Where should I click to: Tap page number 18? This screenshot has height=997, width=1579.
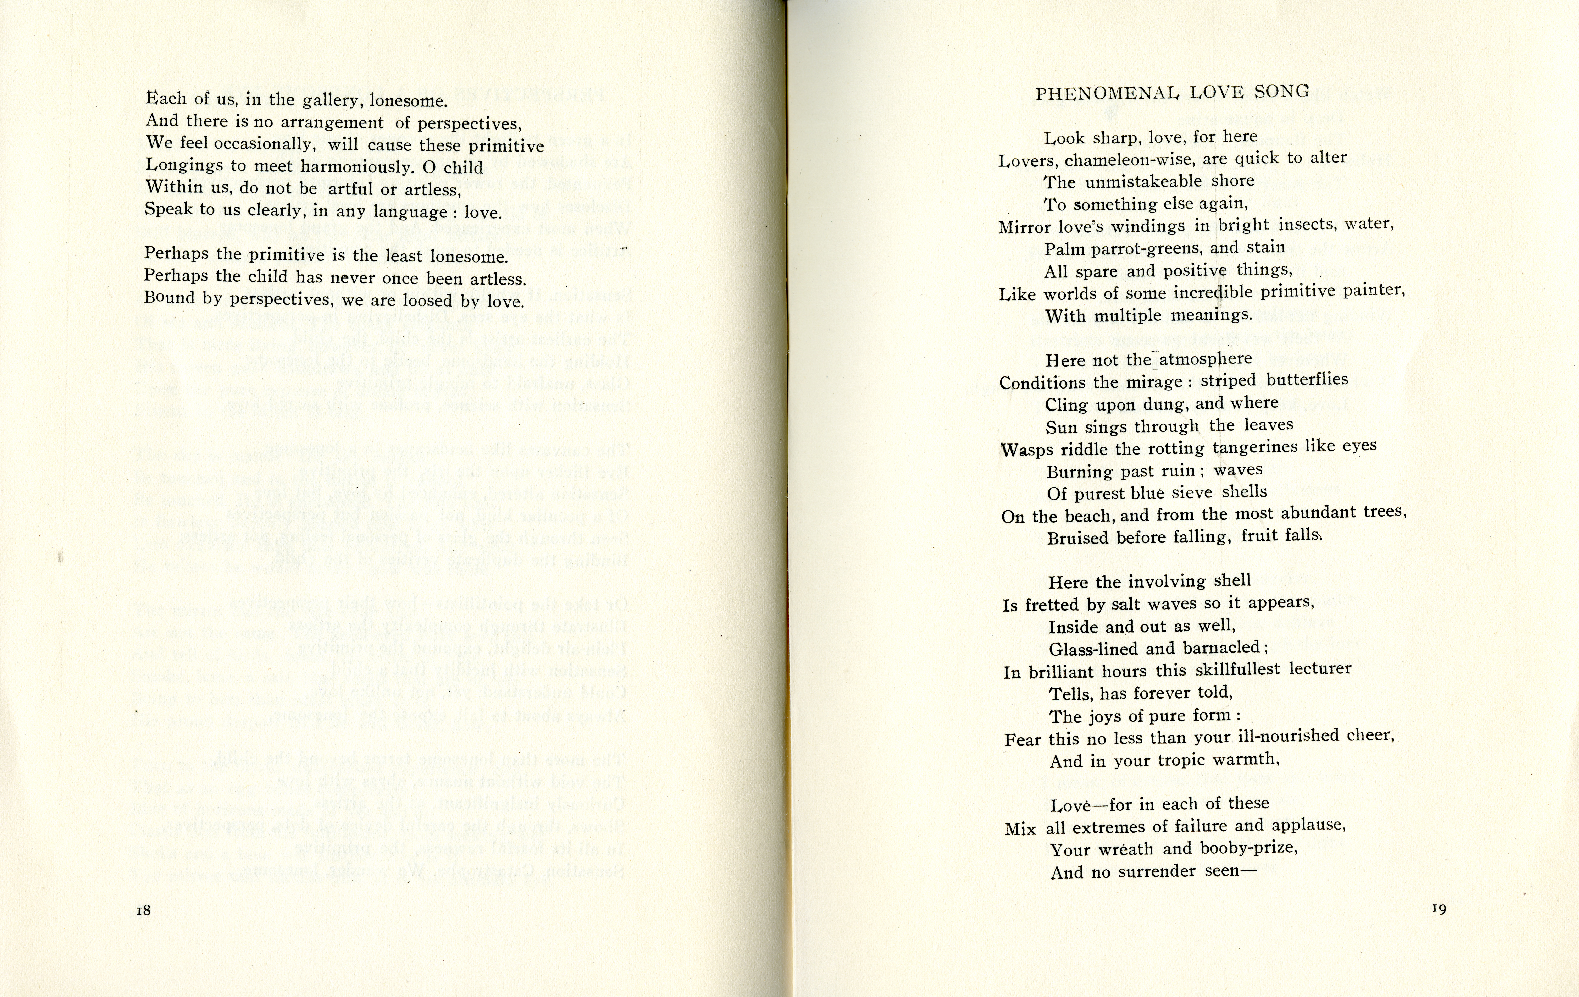144,910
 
